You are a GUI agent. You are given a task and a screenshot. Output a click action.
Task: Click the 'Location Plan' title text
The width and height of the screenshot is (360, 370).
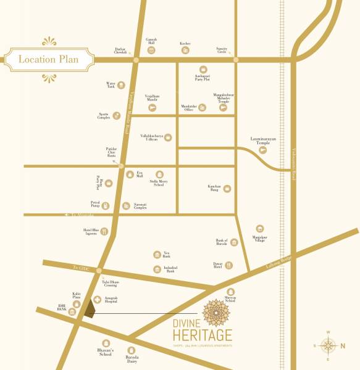[49, 60]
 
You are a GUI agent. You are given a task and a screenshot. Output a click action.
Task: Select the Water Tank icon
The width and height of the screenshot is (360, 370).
[122, 85]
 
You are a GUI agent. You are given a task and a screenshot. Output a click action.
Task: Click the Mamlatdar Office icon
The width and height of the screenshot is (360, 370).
[203, 108]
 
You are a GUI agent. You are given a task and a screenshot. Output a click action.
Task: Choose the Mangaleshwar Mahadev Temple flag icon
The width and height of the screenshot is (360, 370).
[223, 107]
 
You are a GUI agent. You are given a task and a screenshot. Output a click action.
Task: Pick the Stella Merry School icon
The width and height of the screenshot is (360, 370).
[159, 174]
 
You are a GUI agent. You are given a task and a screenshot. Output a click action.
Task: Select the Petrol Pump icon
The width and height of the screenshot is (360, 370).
[106, 205]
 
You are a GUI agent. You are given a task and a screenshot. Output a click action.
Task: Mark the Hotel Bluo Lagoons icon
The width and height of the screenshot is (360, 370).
[104, 232]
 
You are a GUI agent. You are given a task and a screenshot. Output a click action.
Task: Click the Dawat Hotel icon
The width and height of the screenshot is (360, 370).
[229, 265]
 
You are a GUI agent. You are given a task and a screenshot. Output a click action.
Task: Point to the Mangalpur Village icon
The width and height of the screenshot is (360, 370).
[260, 228]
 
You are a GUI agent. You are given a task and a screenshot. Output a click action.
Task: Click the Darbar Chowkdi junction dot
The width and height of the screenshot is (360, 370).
[135, 60]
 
